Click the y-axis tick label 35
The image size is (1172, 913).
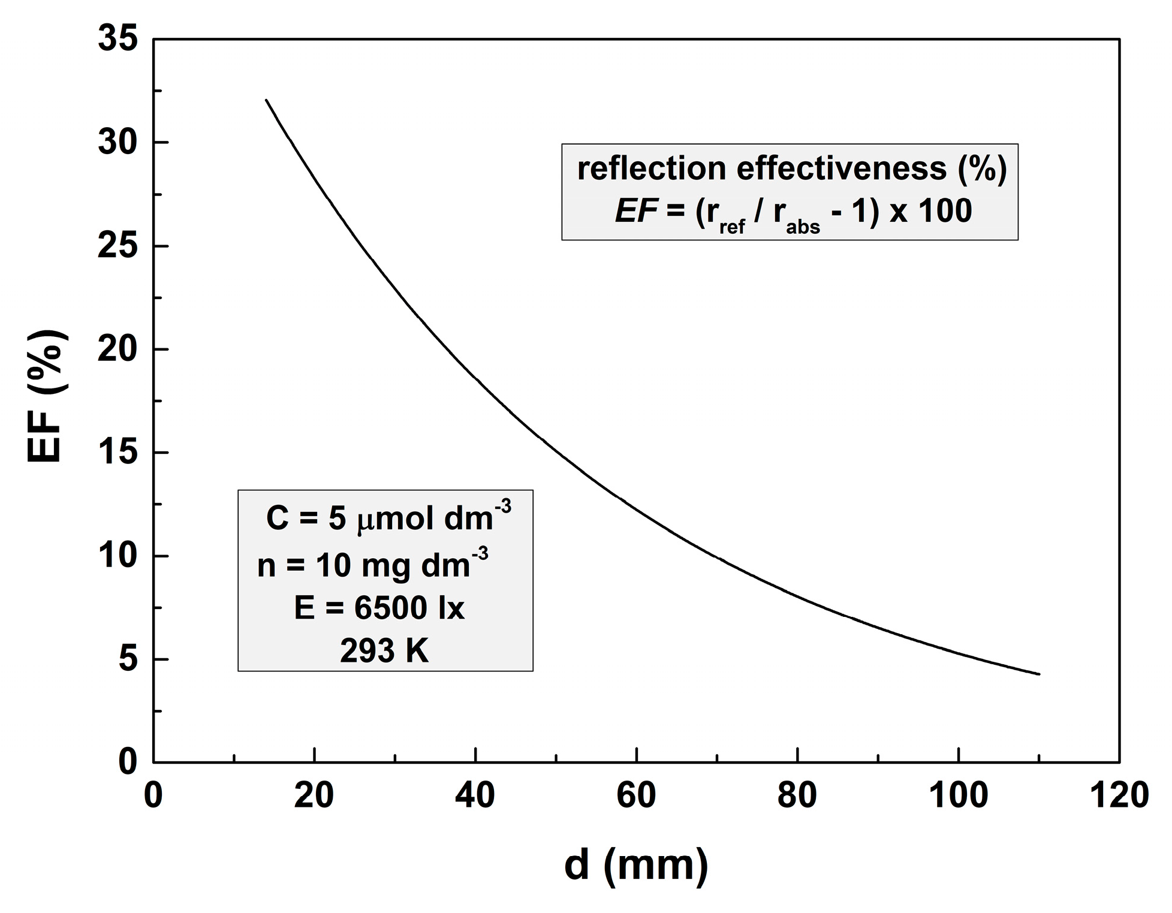tap(117, 40)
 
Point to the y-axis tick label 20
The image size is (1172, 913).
tap(117, 349)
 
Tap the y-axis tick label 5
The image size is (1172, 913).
tap(128, 660)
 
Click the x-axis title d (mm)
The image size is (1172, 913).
tap(636, 866)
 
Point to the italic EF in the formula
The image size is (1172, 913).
tap(637, 211)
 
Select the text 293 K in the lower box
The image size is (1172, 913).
tap(384, 650)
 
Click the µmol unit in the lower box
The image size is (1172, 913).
tap(396, 519)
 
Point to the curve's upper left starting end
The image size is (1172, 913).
tap(266, 100)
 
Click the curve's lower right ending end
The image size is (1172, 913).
tap(1039, 674)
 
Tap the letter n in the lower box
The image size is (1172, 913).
tap(266, 565)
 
